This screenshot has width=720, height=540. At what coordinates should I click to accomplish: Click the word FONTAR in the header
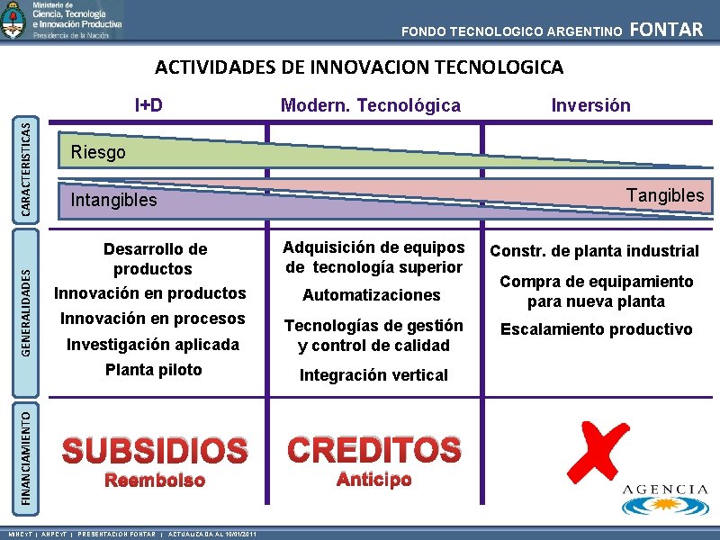(667, 30)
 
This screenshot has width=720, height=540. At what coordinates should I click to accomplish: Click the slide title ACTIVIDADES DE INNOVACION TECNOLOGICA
(359, 67)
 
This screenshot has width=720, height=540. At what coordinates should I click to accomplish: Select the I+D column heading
(148, 105)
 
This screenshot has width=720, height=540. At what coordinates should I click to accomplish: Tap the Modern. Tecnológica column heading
(370, 106)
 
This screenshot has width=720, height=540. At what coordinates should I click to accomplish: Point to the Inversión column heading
(590, 105)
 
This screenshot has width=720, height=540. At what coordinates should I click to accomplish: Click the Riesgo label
(98, 152)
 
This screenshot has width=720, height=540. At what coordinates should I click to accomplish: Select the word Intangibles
(113, 200)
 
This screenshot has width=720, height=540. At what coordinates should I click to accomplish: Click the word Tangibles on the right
(665, 195)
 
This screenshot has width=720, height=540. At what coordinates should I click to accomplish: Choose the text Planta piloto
(153, 370)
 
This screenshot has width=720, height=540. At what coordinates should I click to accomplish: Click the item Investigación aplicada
(153, 345)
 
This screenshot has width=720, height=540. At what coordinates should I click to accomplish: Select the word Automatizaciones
(372, 295)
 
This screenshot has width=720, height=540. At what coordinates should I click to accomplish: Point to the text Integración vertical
(373, 375)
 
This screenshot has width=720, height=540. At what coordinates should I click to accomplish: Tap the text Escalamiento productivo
(597, 329)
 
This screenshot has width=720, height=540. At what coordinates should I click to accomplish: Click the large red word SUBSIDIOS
(154, 450)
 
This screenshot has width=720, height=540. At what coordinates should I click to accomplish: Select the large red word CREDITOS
(373, 449)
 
